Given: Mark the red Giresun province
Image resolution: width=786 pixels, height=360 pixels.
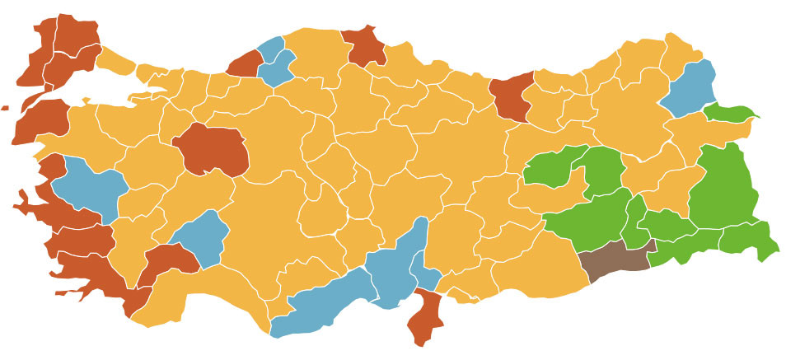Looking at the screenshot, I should coord(512,97).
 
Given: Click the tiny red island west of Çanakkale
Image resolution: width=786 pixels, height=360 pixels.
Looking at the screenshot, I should coord(4,108).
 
